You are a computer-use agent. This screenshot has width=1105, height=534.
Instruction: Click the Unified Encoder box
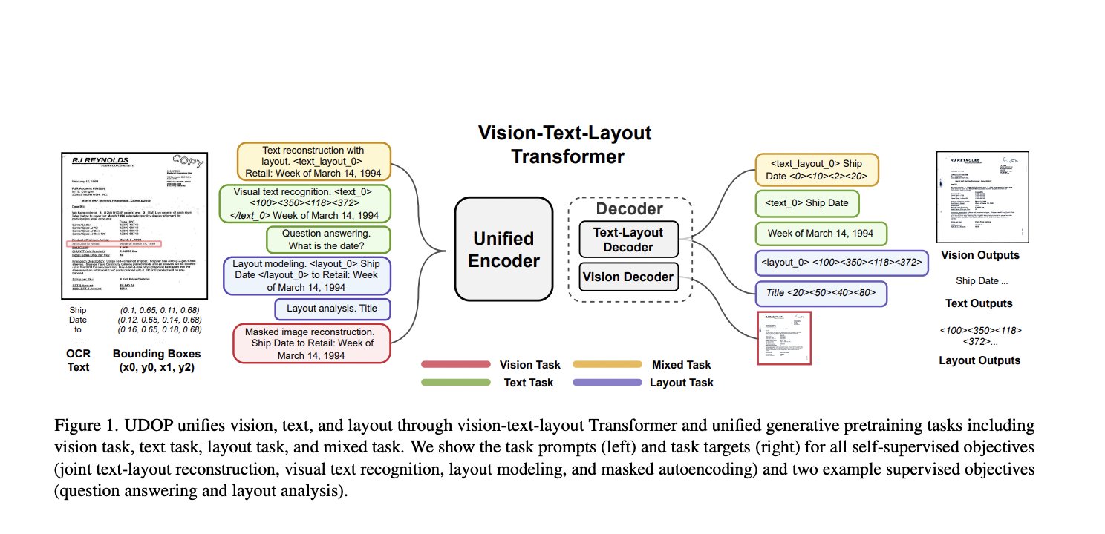click(x=504, y=249)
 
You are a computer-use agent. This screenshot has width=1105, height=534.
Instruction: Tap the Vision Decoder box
click(x=628, y=277)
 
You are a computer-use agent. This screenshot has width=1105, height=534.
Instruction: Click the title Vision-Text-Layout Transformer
click(x=564, y=145)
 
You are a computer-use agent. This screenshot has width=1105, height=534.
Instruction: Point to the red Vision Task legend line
click(x=455, y=364)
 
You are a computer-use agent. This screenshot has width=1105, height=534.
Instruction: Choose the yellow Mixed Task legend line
click(x=607, y=364)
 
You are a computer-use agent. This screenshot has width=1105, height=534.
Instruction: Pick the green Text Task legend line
click(x=455, y=383)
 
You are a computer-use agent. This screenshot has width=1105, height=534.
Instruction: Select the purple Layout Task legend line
click(x=607, y=383)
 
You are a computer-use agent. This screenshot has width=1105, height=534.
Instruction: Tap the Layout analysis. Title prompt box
click(x=332, y=309)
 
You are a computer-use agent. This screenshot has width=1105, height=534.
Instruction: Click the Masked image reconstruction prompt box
click(x=312, y=343)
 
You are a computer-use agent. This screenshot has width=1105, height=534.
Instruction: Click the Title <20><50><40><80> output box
click(x=821, y=293)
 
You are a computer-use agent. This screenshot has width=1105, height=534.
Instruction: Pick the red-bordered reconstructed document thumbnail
click(x=784, y=337)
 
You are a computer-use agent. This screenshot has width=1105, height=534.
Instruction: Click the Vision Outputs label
click(x=979, y=256)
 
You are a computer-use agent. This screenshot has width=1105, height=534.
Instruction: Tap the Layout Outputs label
click(x=979, y=360)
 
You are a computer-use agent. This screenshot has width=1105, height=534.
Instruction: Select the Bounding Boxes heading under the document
click(x=157, y=354)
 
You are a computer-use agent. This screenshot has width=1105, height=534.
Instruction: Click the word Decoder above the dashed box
click(x=630, y=209)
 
